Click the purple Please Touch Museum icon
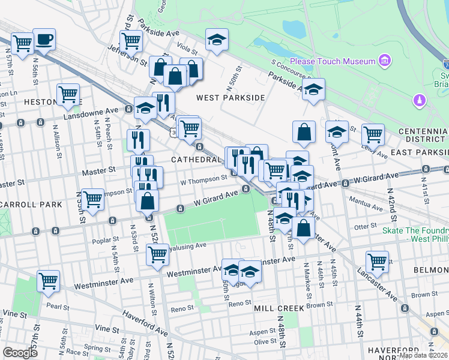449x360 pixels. pos(385,61)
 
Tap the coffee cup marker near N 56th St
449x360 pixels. pos(44,40)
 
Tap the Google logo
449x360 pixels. pos(20,352)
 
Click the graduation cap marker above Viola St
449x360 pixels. pos(217,40)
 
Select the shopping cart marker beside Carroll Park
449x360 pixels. pos(93,199)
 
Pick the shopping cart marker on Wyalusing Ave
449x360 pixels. pos(157,254)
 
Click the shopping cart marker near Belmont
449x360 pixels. pos(377,261)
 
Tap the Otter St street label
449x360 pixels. pos(364,227)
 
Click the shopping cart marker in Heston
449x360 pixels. pos(68,94)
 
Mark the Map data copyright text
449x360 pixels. pos(423,355)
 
